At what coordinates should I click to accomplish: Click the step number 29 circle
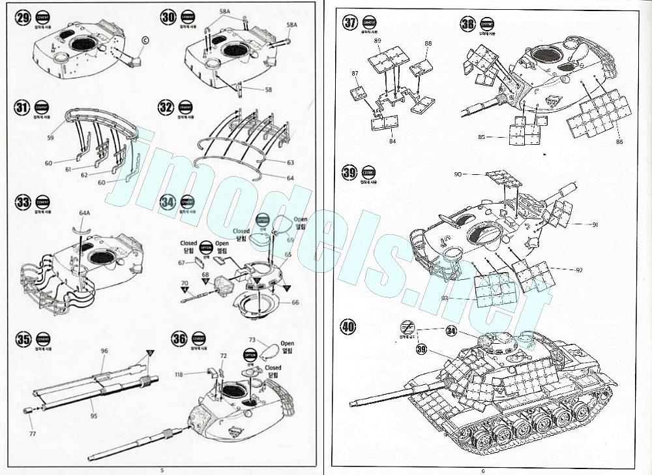[23, 18]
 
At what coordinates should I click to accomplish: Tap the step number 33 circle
[23, 202]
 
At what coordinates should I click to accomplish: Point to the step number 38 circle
[468, 24]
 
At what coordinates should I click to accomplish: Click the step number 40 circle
[349, 326]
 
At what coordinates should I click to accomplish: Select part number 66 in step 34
[295, 302]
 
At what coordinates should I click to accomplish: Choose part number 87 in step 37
[356, 74]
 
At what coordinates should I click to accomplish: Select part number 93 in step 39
[445, 298]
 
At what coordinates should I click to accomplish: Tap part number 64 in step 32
[291, 177]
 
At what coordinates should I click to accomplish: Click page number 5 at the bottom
[162, 470]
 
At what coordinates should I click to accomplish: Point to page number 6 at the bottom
[483, 470]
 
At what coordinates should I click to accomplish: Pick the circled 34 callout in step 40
[451, 331]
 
